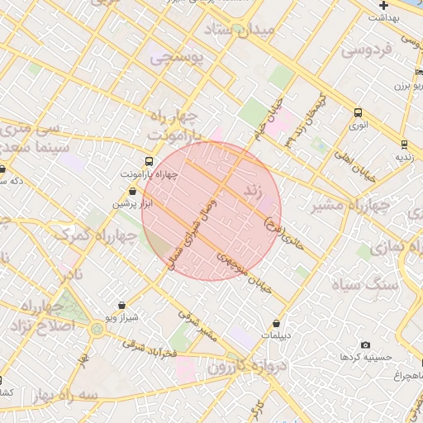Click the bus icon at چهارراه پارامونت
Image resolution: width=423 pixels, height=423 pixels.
149,162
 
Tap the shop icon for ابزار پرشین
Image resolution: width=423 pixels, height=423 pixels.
132,192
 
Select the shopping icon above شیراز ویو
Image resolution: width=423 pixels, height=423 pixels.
122,305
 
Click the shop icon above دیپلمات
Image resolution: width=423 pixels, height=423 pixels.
276,323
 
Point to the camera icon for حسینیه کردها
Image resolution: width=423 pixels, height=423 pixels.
366,345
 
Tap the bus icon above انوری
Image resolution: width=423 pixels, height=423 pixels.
358,112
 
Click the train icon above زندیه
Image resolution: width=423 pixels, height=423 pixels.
404,143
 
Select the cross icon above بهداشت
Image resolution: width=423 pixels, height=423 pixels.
384,5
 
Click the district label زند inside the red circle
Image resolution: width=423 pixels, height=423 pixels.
252,192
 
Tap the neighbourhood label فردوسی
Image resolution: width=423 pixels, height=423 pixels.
366,50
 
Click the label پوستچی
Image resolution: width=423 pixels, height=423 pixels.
173,58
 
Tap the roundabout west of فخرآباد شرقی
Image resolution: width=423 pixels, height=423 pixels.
98,330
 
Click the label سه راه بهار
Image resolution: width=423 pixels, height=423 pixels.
66,396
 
